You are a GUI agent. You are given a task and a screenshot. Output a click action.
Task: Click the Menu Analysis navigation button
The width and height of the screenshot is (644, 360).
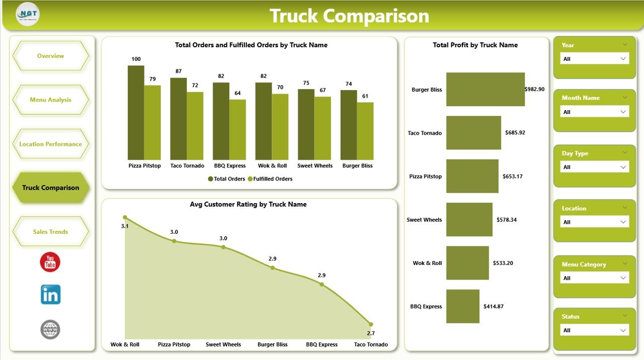tap(50, 100)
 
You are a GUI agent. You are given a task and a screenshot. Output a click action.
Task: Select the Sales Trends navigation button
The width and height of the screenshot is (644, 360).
tap(50, 232)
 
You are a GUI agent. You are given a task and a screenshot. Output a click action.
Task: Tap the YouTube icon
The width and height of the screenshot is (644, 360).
tap(50, 262)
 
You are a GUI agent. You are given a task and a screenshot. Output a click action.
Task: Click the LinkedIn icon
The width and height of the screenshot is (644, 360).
tap(50, 295)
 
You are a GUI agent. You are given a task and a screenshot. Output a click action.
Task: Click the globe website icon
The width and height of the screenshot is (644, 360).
tap(50, 329)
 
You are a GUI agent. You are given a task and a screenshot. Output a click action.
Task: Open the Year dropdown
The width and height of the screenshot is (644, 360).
tap(594, 59)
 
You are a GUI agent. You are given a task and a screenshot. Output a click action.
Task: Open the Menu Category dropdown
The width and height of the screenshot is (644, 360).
tap(594, 278)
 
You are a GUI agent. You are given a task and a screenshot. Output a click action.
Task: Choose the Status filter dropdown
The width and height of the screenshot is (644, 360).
tap(594, 330)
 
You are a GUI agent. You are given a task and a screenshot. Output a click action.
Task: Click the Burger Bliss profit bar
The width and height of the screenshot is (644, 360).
tap(485, 89)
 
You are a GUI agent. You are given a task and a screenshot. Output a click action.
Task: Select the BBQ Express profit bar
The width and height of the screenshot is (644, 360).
tap(463, 306)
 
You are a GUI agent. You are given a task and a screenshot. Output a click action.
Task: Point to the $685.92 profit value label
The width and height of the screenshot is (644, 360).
tap(516, 133)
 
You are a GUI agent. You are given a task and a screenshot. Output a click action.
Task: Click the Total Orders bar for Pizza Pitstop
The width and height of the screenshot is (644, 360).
tap(136, 112)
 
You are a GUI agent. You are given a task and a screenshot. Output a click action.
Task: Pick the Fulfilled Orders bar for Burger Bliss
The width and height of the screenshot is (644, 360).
tap(365, 131)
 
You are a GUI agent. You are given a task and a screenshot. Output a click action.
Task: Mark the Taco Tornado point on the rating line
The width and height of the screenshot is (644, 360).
tap(371, 324)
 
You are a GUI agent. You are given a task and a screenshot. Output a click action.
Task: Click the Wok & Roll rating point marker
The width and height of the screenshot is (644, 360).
tap(125, 218)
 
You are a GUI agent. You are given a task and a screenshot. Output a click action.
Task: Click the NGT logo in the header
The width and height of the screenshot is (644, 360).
tap(28, 15)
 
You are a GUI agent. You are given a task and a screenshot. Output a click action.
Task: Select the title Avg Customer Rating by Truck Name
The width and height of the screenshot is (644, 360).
tap(248, 205)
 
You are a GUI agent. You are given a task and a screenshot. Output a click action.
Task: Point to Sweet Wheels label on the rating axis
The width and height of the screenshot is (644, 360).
tap(223, 344)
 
